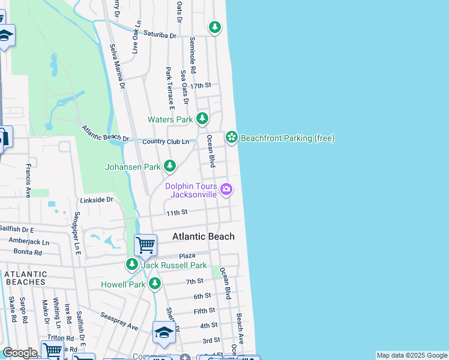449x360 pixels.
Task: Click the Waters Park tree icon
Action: pos(202,118)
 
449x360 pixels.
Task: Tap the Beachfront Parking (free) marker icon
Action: pos(231,137)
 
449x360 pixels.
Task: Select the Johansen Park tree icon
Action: pos(170,166)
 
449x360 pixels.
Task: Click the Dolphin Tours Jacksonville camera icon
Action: pos(226,190)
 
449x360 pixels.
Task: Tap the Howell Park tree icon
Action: pos(155,283)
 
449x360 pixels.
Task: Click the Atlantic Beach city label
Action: pos(203,236)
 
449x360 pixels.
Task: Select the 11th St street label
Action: pos(177,212)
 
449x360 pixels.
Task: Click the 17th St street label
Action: pos(200,86)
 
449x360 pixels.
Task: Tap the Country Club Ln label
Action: pos(166,142)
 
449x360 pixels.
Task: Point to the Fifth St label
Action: pos(204,311)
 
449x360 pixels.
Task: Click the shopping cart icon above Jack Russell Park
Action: pos(145,245)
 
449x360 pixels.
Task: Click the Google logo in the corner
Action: pos(20,353)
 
